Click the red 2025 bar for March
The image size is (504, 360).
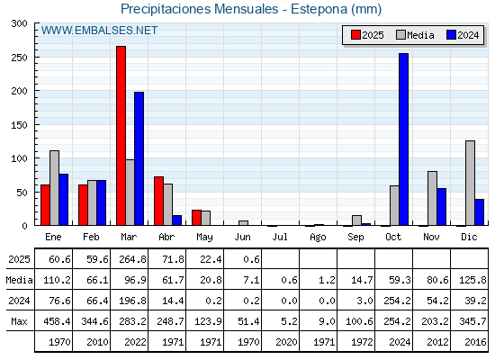(x=121, y=136)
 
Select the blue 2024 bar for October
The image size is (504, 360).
(x=404, y=139)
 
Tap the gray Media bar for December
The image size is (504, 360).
(x=470, y=183)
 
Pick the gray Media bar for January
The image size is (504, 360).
(x=54, y=188)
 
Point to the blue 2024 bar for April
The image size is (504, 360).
(x=177, y=220)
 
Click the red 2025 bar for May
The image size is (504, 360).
(x=197, y=218)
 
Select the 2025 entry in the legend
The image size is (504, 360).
(x=367, y=35)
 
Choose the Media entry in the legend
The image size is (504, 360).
(x=415, y=35)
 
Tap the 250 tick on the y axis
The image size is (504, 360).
(x=20, y=58)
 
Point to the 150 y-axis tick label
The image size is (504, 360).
(x=20, y=125)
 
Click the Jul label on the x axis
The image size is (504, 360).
(x=280, y=237)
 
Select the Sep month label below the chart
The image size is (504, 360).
(x=355, y=238)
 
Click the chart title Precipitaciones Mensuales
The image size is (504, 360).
(x=199, y=9)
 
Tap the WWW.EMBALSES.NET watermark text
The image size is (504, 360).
(x=99, y=31)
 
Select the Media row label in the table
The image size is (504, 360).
(x=19, y=280)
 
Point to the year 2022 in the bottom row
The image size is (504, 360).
(x=135, y=342)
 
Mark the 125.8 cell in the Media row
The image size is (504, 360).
(x=472, y=280)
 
